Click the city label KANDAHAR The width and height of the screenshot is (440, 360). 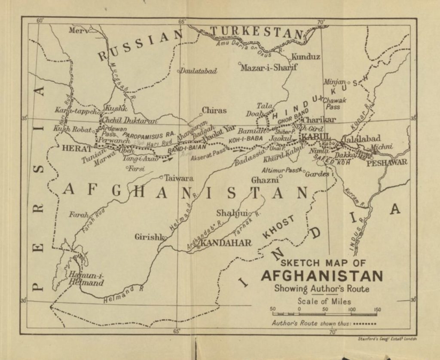tap(226, 243)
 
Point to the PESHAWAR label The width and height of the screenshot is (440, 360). tap(386, 162)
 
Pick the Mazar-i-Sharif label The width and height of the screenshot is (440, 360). tap(269, 68)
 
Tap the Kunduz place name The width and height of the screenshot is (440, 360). tap(306, 57)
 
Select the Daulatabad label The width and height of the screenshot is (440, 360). tap(198, 71)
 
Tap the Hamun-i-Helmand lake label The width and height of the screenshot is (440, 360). tap(86, 280)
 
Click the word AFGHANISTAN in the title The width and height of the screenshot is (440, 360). tap(321, 276)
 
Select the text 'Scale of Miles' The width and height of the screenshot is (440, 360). tap(324, 301)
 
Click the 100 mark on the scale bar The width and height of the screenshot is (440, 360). tap(351, 309)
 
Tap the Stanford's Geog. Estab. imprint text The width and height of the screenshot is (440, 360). tap(387, 339)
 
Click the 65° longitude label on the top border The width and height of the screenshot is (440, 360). tap(181, 22)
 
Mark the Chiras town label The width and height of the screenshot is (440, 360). tap(214, 111)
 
